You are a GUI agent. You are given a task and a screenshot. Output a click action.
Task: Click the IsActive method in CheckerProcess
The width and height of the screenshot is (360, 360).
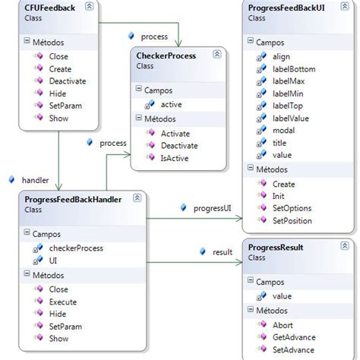pyautogui.click(x=175, y=159)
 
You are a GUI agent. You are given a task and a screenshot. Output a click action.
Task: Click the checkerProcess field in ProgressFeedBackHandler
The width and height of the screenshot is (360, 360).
pyautogui.click(x=76, y=248)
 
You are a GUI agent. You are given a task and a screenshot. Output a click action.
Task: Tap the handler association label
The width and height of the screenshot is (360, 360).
pyautogui.click(x=35, y=180)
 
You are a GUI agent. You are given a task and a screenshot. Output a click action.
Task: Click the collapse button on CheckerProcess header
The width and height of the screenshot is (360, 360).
pyautogui.click(x=217, y=55)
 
